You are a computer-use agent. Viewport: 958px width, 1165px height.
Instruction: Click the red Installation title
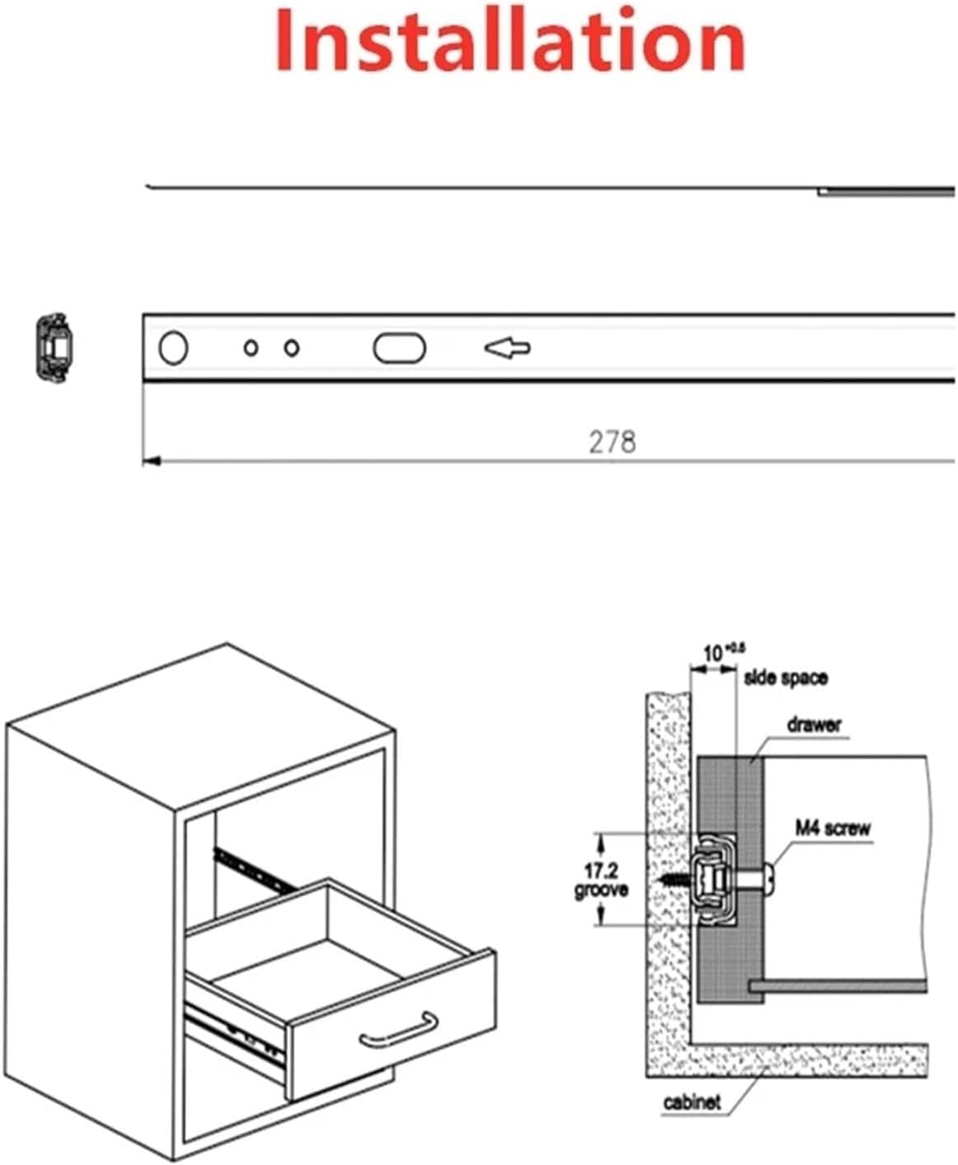[x=510, y=40]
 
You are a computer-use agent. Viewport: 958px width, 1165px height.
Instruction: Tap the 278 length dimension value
[x=612, y=442]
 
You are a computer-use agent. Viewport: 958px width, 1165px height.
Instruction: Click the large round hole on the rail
[x=172, y=348]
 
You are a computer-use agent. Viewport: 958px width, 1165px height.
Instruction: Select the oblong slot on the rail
[x=399, y=348]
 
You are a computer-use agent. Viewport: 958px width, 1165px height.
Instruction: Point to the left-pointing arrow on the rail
[x=507, y=349]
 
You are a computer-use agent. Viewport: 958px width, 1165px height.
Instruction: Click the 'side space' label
[x=785, y=679]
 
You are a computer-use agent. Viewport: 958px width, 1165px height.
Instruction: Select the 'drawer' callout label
[x=814, y=725]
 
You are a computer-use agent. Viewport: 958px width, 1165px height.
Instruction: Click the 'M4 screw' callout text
[x=832, y=827]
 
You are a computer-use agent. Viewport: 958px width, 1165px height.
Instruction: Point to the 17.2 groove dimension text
[x=601, y=880]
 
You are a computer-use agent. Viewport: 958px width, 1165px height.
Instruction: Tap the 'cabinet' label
[x=692, y=1102]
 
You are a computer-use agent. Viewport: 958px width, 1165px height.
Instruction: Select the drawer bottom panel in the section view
[x=837, y=985]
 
